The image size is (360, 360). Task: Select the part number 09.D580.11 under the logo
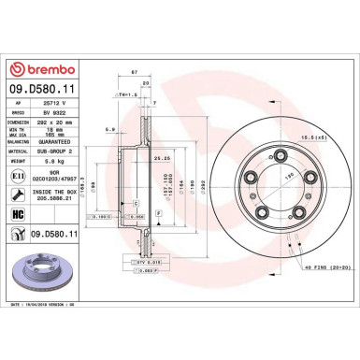(38, 90)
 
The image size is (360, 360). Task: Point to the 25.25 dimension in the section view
(160, 159)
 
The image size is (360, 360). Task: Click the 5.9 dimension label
(110, 130)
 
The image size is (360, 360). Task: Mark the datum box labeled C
(137, 203)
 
